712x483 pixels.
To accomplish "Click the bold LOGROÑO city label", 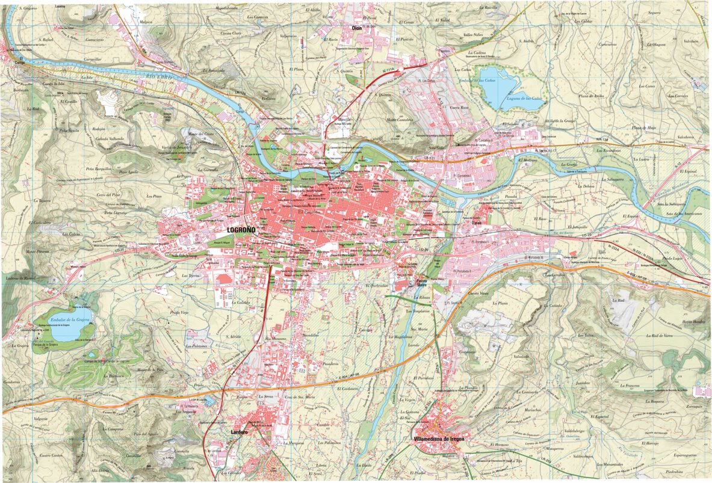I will coord(241,230).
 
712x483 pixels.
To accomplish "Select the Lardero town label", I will coord(238,432).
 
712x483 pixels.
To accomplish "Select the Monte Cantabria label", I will coord(400,119).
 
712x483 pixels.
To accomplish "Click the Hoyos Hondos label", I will coord(693,322).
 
